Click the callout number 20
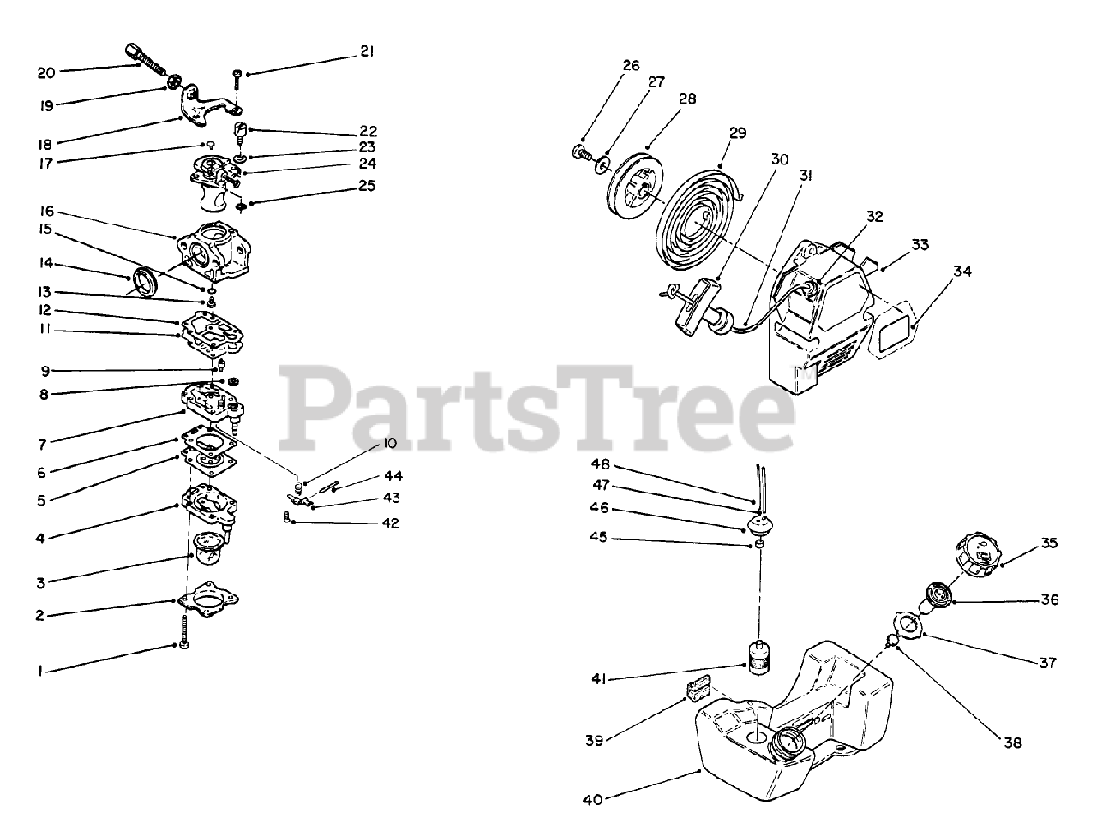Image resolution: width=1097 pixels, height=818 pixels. [x=46, y=73]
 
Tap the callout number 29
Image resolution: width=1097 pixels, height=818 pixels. [x=737, y=134]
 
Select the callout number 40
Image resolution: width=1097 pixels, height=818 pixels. [x=592, y=800]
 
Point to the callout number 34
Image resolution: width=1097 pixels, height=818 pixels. [x=962, y=272]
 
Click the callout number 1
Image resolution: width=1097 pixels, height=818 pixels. [x=39, y=672]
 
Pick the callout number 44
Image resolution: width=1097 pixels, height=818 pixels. [x=393, y=475]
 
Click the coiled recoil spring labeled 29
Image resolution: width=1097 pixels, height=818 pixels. [x=700, y=225]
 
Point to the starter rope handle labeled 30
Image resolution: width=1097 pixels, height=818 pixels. [x=694, y=304]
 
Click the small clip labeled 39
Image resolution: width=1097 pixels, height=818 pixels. [x=698, y=687]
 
